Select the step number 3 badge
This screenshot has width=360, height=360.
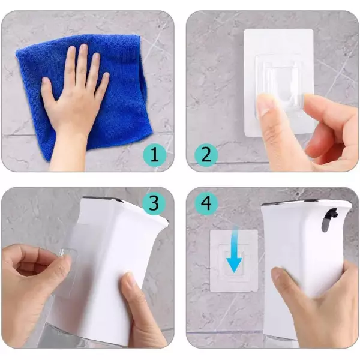[x=154, y=203]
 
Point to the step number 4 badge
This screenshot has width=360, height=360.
[x=206, y=203]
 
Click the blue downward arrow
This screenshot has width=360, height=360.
[x=234, y=249]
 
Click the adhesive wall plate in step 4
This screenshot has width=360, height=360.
[x=234, y=260]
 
